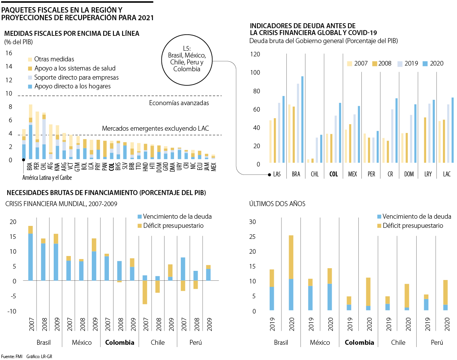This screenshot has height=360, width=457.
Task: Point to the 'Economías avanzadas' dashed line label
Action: (179, 103)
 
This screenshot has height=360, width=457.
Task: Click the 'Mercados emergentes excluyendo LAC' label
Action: (156, 129)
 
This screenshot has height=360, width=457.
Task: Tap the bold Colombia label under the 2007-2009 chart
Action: (120, 342)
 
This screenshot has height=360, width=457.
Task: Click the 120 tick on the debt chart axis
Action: (255, 54)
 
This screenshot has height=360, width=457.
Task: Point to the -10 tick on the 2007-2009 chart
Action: (11, 311)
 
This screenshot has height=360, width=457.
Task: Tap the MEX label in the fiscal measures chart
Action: (214, 166)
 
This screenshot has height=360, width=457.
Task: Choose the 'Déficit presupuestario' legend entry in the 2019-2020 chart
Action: (413, 226)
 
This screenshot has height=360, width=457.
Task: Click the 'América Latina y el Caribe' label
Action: (47, 178)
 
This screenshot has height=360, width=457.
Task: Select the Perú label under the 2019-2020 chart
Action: (436, 342)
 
